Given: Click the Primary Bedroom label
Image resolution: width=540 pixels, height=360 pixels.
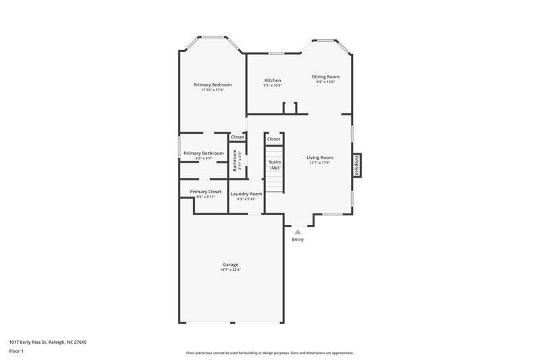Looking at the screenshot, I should pos(213,84).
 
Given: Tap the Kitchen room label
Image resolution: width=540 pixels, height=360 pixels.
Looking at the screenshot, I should pos(272,80).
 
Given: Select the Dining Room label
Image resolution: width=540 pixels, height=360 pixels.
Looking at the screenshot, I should pos(325,77).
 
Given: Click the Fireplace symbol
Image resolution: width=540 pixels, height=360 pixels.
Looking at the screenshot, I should pos(356,165).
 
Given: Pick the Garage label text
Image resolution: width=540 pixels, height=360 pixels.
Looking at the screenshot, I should pos(231,264).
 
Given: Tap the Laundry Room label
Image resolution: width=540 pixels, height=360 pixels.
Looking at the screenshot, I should pos(246,194).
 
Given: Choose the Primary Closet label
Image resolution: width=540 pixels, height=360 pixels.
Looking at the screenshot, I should pos(205,191).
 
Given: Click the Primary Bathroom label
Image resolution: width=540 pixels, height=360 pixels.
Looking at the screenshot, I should pos(204,153).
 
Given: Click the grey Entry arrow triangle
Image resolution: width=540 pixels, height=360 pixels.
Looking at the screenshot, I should pos(298,231).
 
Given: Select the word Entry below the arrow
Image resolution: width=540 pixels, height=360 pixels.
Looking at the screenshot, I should pos(298,240).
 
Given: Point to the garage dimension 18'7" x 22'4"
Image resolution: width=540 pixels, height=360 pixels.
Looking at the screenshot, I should pos(231,269).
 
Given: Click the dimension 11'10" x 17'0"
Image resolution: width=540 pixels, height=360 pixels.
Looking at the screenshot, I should pos(213,90).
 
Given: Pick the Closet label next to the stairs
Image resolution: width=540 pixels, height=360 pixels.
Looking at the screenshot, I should pos(273,139).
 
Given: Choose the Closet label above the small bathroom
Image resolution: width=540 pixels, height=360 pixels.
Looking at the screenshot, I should pos(238,137).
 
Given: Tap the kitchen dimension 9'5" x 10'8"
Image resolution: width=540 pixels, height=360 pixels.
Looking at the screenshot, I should pos(272,86).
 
